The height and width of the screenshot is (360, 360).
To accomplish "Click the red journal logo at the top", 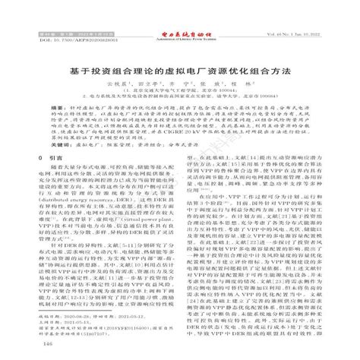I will point(180,12).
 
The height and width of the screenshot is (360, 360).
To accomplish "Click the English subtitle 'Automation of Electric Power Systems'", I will point(180,17).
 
